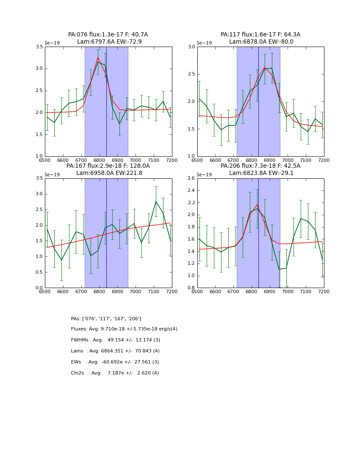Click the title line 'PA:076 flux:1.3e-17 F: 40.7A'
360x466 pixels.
click(108, 35)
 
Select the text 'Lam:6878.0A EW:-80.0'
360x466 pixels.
click(261, 42)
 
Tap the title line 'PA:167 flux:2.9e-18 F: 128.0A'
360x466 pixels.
click(108, 166)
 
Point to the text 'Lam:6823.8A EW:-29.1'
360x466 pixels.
click(261, 173)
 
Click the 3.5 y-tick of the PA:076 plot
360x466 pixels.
click(39, 47)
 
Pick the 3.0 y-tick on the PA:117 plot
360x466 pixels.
click(191, 47)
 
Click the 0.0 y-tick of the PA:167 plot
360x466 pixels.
click(39, 288)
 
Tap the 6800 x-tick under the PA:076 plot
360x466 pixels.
click(99, 161)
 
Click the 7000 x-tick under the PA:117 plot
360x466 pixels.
click(288, 161)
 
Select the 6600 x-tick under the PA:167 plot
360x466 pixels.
click(63, 292)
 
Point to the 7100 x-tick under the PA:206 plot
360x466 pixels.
click(306, 292)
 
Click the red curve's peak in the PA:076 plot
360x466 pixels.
click(98, 57)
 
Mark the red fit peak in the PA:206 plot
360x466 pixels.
click(257, 205)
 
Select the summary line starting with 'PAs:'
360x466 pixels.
click(106, 319)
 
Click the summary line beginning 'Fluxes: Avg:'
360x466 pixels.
click(124, 329)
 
